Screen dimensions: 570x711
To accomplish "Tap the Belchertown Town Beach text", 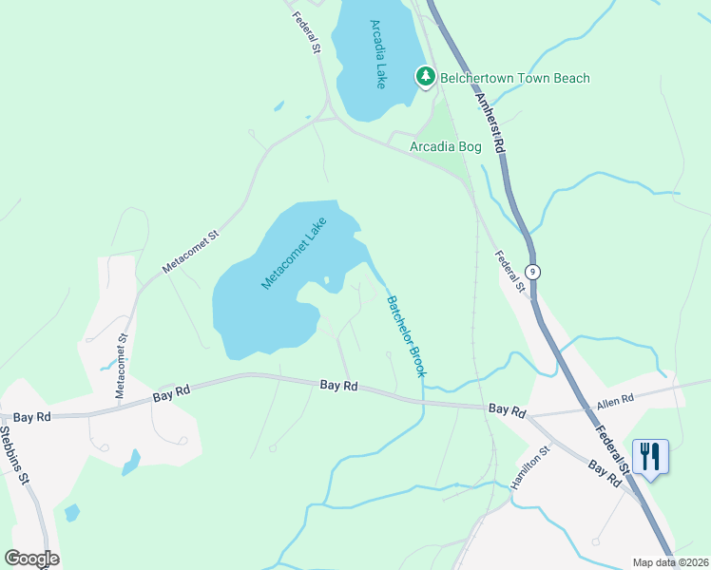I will (515, 78).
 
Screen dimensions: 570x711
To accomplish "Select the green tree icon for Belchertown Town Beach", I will (426, 76).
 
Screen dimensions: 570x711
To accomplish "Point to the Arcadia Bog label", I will (445, 146).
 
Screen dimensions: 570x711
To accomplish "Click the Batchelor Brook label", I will (405, 336).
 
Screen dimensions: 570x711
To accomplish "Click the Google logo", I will (31, 559).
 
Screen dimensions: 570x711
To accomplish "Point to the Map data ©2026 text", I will (669, 562).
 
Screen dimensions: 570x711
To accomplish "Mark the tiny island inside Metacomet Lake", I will (326, 280).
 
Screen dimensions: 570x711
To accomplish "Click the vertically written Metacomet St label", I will (121, 366).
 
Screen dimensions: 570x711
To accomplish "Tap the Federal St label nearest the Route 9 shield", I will (510, 272).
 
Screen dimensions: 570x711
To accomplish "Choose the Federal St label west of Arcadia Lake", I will (305, 31).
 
